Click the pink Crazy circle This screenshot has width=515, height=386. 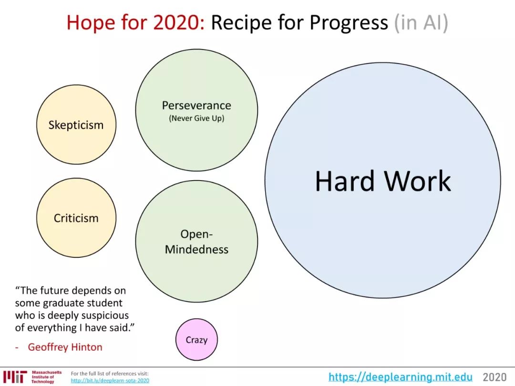click(x=196, y=339)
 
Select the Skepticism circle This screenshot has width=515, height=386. click(x=76, y=124)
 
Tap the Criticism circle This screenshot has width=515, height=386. click(x=76, y=218)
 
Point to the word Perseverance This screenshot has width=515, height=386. click(x=196, y=105)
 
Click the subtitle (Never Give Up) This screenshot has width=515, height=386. click(x=196, y=118)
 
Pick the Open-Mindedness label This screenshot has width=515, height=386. click(x=196, y=242)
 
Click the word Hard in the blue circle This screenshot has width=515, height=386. click(x=345, y=181)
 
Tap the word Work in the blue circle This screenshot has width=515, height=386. click(x=418, y=181)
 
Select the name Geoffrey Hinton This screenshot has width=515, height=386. click(x=65, y=347)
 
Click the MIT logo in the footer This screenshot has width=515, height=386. click(x=15, y=377)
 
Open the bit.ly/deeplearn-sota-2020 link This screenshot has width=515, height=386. click(x=110, y=380)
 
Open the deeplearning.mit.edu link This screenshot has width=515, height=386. click(x=401, y=376)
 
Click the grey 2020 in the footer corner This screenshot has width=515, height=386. click(x=494, y=377)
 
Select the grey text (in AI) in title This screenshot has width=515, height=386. click(x=421, y=23)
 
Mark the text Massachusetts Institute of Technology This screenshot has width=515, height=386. click(x=46, y=377)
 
